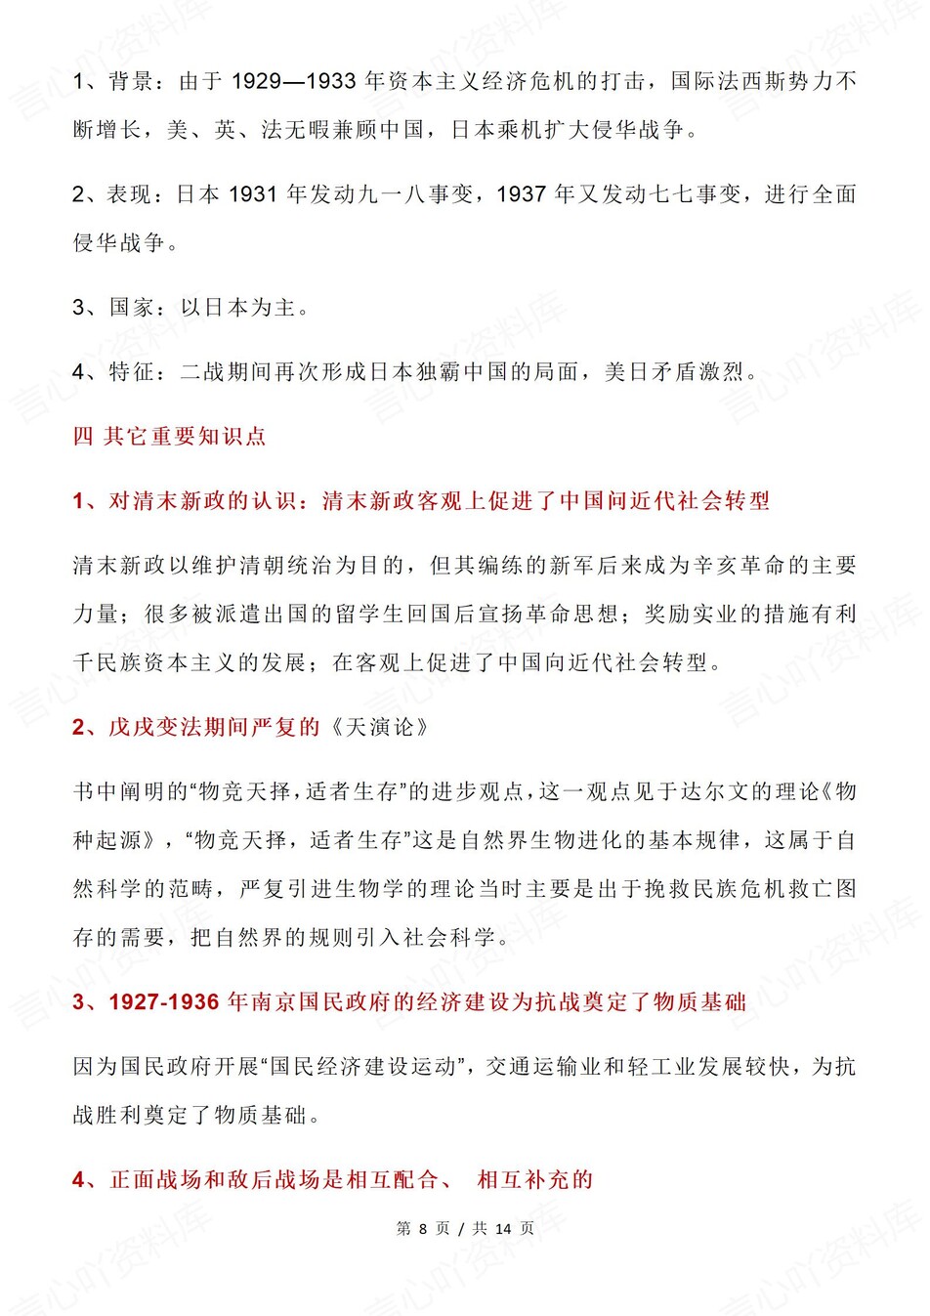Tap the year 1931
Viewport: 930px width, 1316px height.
253,194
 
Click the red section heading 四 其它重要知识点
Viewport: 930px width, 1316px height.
169,436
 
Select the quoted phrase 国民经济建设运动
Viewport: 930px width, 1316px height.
362,1067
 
